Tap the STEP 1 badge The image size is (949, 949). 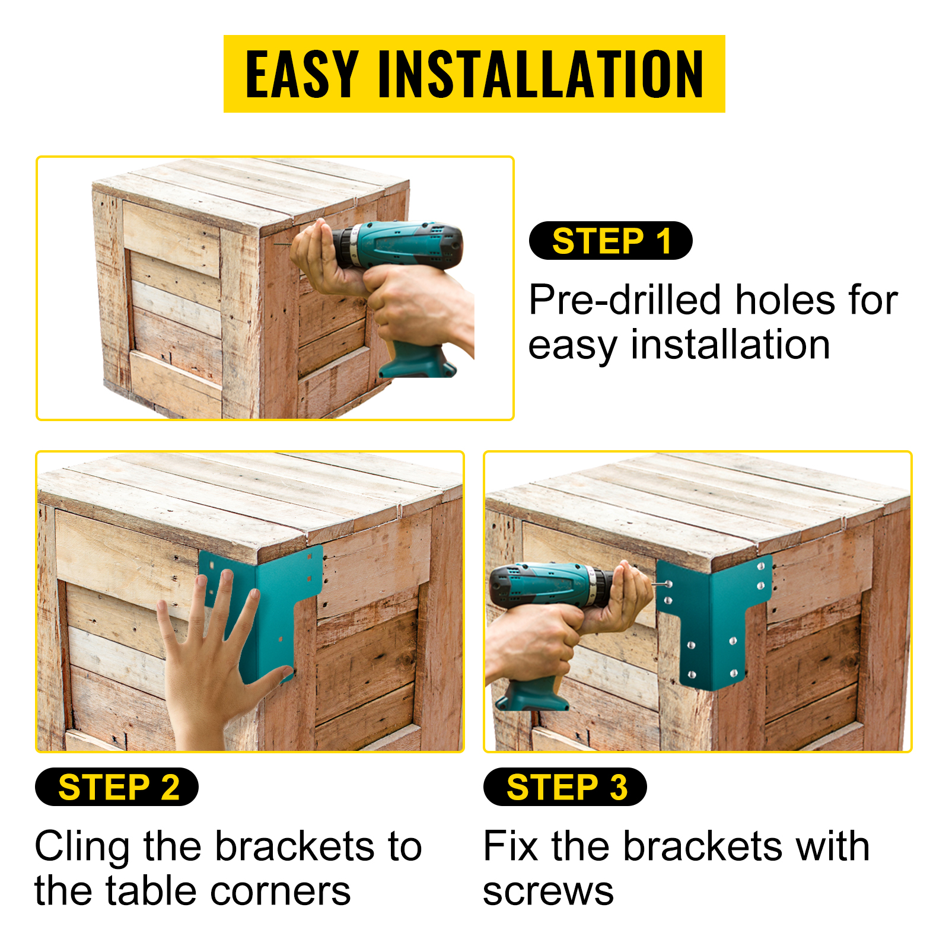[x=610, y=240]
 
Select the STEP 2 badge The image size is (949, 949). [x=117, y=786]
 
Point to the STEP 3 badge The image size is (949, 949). [x=565, y=786]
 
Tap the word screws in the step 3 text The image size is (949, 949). [x=548, y=892]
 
